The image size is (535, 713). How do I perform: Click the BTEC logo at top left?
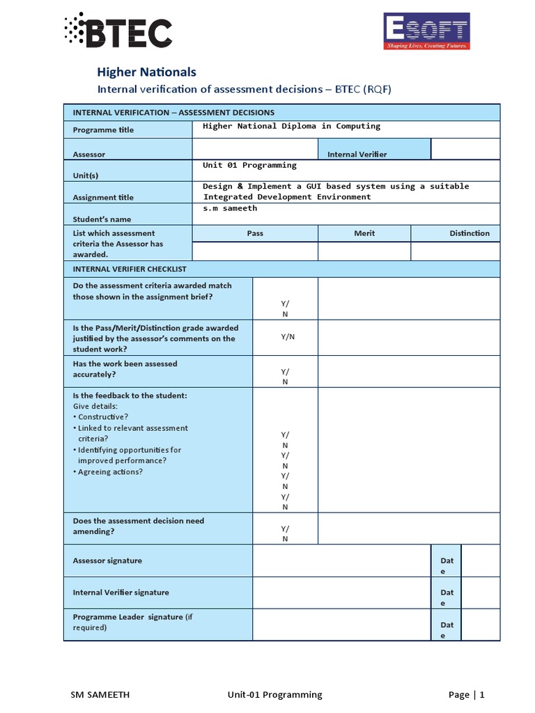[117, 31]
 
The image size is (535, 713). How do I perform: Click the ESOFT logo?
[427, 31]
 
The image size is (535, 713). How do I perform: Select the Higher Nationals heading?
[146, 72]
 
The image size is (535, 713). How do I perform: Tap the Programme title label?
[103, 130]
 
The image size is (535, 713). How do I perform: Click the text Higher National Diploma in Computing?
[291, 126]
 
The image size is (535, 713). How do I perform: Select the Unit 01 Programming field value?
[249, 165]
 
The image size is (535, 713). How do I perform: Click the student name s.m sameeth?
[230, 208]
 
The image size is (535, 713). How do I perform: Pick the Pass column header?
[255, 233]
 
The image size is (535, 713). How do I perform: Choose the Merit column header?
[364, 233]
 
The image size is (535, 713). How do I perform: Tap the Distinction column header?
[469, 233]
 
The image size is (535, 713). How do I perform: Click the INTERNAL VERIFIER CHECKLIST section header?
[130, 269]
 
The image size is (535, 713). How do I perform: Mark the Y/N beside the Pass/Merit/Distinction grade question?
[288, 336]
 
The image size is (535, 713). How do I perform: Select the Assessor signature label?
[107, 561]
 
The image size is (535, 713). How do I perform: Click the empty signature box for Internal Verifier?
[341, 593]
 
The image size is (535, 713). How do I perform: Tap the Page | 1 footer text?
[466, 694]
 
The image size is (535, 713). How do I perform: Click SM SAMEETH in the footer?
[100, 694]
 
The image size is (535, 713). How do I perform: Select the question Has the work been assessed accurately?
[125, 369]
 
